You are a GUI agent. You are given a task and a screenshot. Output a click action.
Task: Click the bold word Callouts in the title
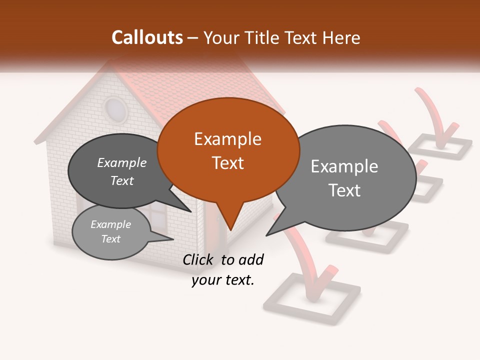coord(147,38)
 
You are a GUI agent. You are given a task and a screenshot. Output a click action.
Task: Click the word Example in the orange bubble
coord(227,139)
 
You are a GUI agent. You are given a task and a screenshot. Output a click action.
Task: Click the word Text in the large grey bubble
coord(344,190)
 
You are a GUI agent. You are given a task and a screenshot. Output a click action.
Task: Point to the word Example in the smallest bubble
coord(110,224)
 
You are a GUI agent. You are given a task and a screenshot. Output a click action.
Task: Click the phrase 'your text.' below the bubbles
coord(223,280)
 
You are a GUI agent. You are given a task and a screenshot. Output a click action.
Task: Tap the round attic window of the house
coord(115,108)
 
